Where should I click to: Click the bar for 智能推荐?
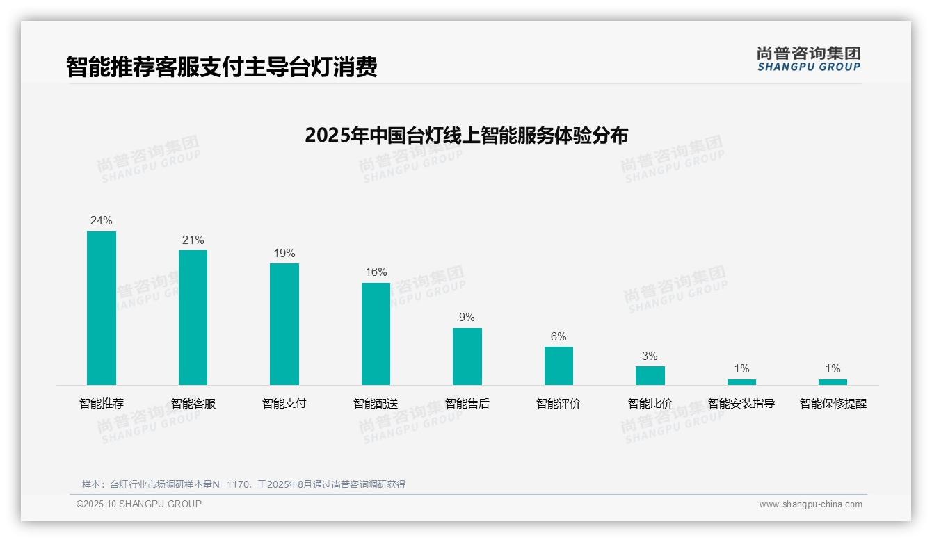[x=102, y=308]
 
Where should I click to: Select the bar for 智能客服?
[x=193, y=318]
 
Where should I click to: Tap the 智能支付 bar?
[x=284, y=324]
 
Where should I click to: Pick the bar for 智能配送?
[x=376, y=334]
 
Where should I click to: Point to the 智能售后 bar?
[x=467, y=356]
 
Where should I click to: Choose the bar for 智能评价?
[x=559, y=366]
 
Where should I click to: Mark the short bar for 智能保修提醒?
[x=833, y=382]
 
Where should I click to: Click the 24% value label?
[x=102, y=221]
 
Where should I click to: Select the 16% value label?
[x=376, y=272]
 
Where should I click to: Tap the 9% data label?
[x=467, y=318]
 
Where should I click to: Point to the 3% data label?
[x=650, y=356]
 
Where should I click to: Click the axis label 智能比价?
[x=650, y=404]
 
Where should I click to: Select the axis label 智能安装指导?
[x=741, y=404]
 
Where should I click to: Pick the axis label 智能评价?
[x=559, y=404]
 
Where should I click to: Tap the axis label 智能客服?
[x=193, y=404]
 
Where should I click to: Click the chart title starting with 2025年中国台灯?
[x=466, y=135]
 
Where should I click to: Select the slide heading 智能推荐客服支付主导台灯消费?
[x=222, y=67]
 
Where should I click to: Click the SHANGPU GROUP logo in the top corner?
[x=808, y=59]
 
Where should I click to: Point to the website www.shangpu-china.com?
[x=810, y=504]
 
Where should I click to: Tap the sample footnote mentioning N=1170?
[x=243, y=484]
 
